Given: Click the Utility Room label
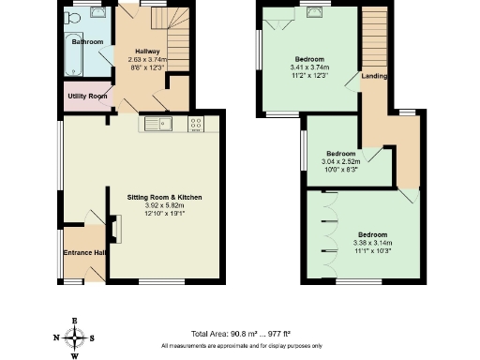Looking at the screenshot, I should point(86,97).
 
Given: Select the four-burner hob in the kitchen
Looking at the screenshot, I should point(197,123).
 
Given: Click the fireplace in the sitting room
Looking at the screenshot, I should point(114,228).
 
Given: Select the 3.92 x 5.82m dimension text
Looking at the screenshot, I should point(165,205).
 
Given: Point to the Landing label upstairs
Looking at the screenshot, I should point(373,77).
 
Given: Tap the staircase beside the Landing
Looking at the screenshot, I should point(374,37).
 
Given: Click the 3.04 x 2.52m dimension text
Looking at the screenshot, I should point(340,161).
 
